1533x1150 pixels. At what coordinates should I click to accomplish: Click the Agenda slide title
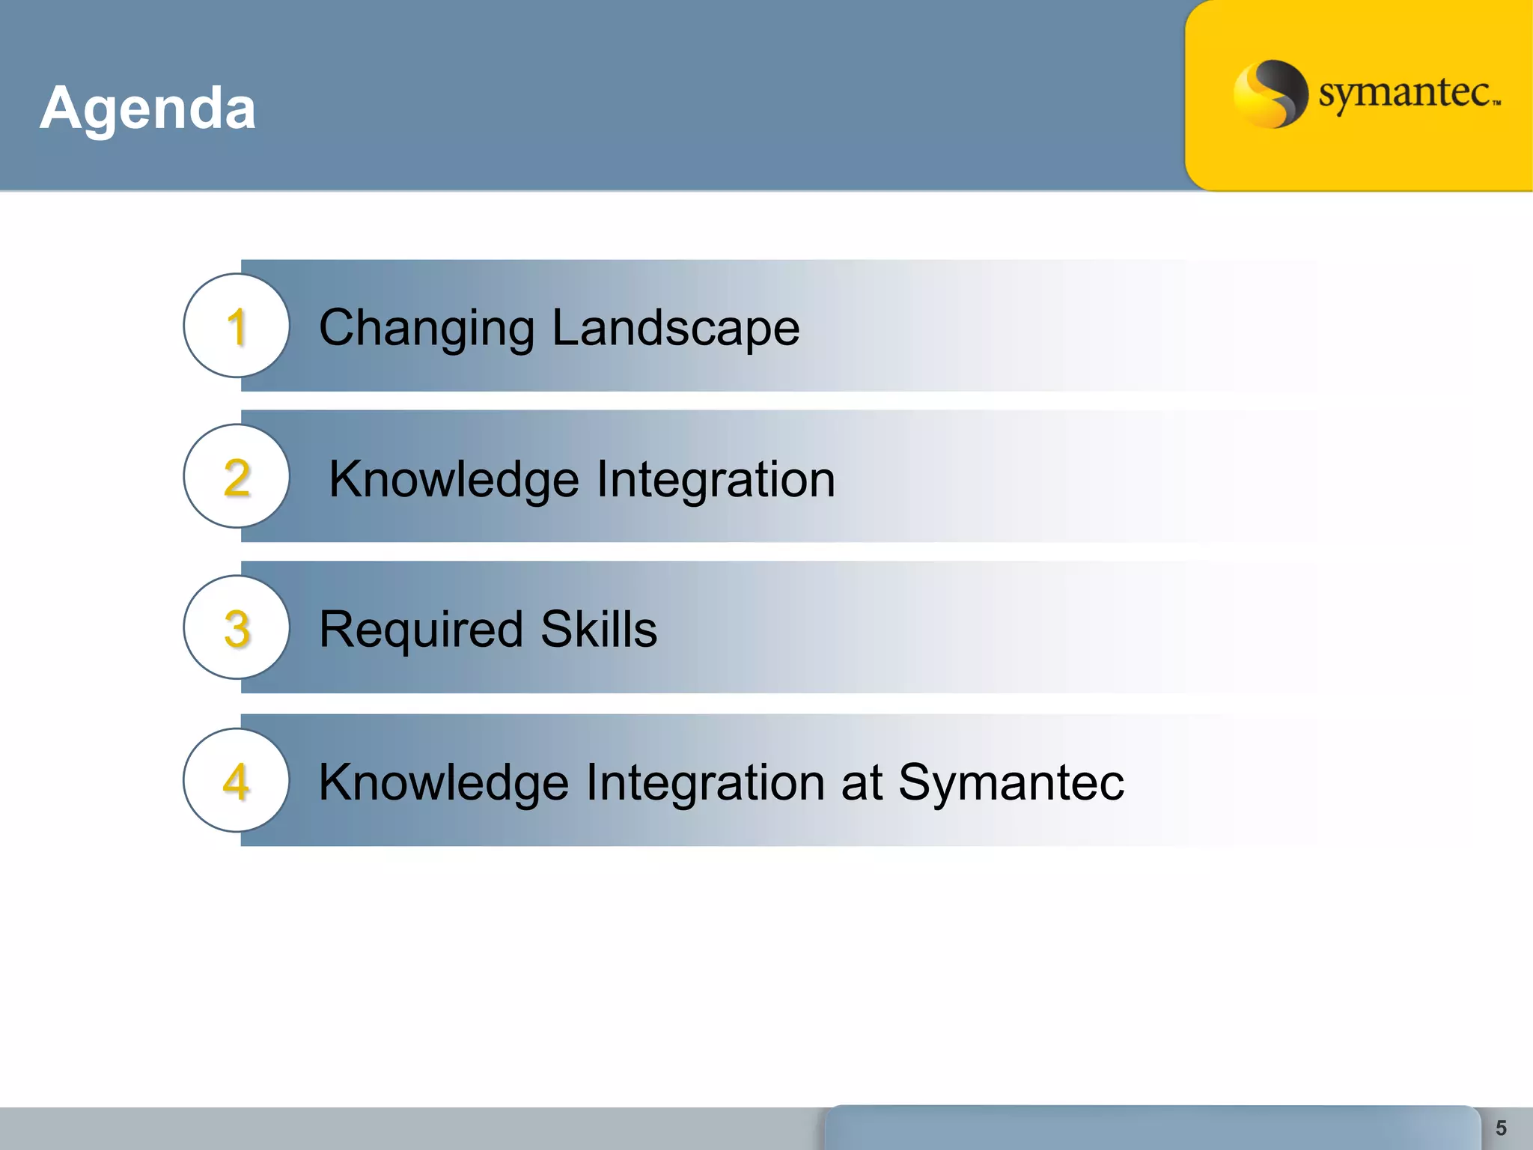[147, 109]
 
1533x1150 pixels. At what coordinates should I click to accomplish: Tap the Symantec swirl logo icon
[1270, 94]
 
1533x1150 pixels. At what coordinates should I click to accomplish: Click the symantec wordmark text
[1404, 94]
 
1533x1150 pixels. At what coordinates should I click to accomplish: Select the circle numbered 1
[237, 326]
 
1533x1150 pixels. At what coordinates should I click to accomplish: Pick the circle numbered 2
[237, 477]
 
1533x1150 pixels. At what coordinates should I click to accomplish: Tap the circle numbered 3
[237, 628]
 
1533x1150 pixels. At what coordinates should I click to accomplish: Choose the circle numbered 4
[237, 781]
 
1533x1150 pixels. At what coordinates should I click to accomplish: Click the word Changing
[427, 329]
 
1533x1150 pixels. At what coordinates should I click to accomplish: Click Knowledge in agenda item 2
[454, 480]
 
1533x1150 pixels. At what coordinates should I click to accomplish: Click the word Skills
[599, 629]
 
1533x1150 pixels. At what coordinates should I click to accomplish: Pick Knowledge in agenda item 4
[443, 782]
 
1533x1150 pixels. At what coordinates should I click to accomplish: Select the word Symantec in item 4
[1011, 782]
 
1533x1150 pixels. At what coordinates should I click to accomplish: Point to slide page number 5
[1500, 1128]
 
